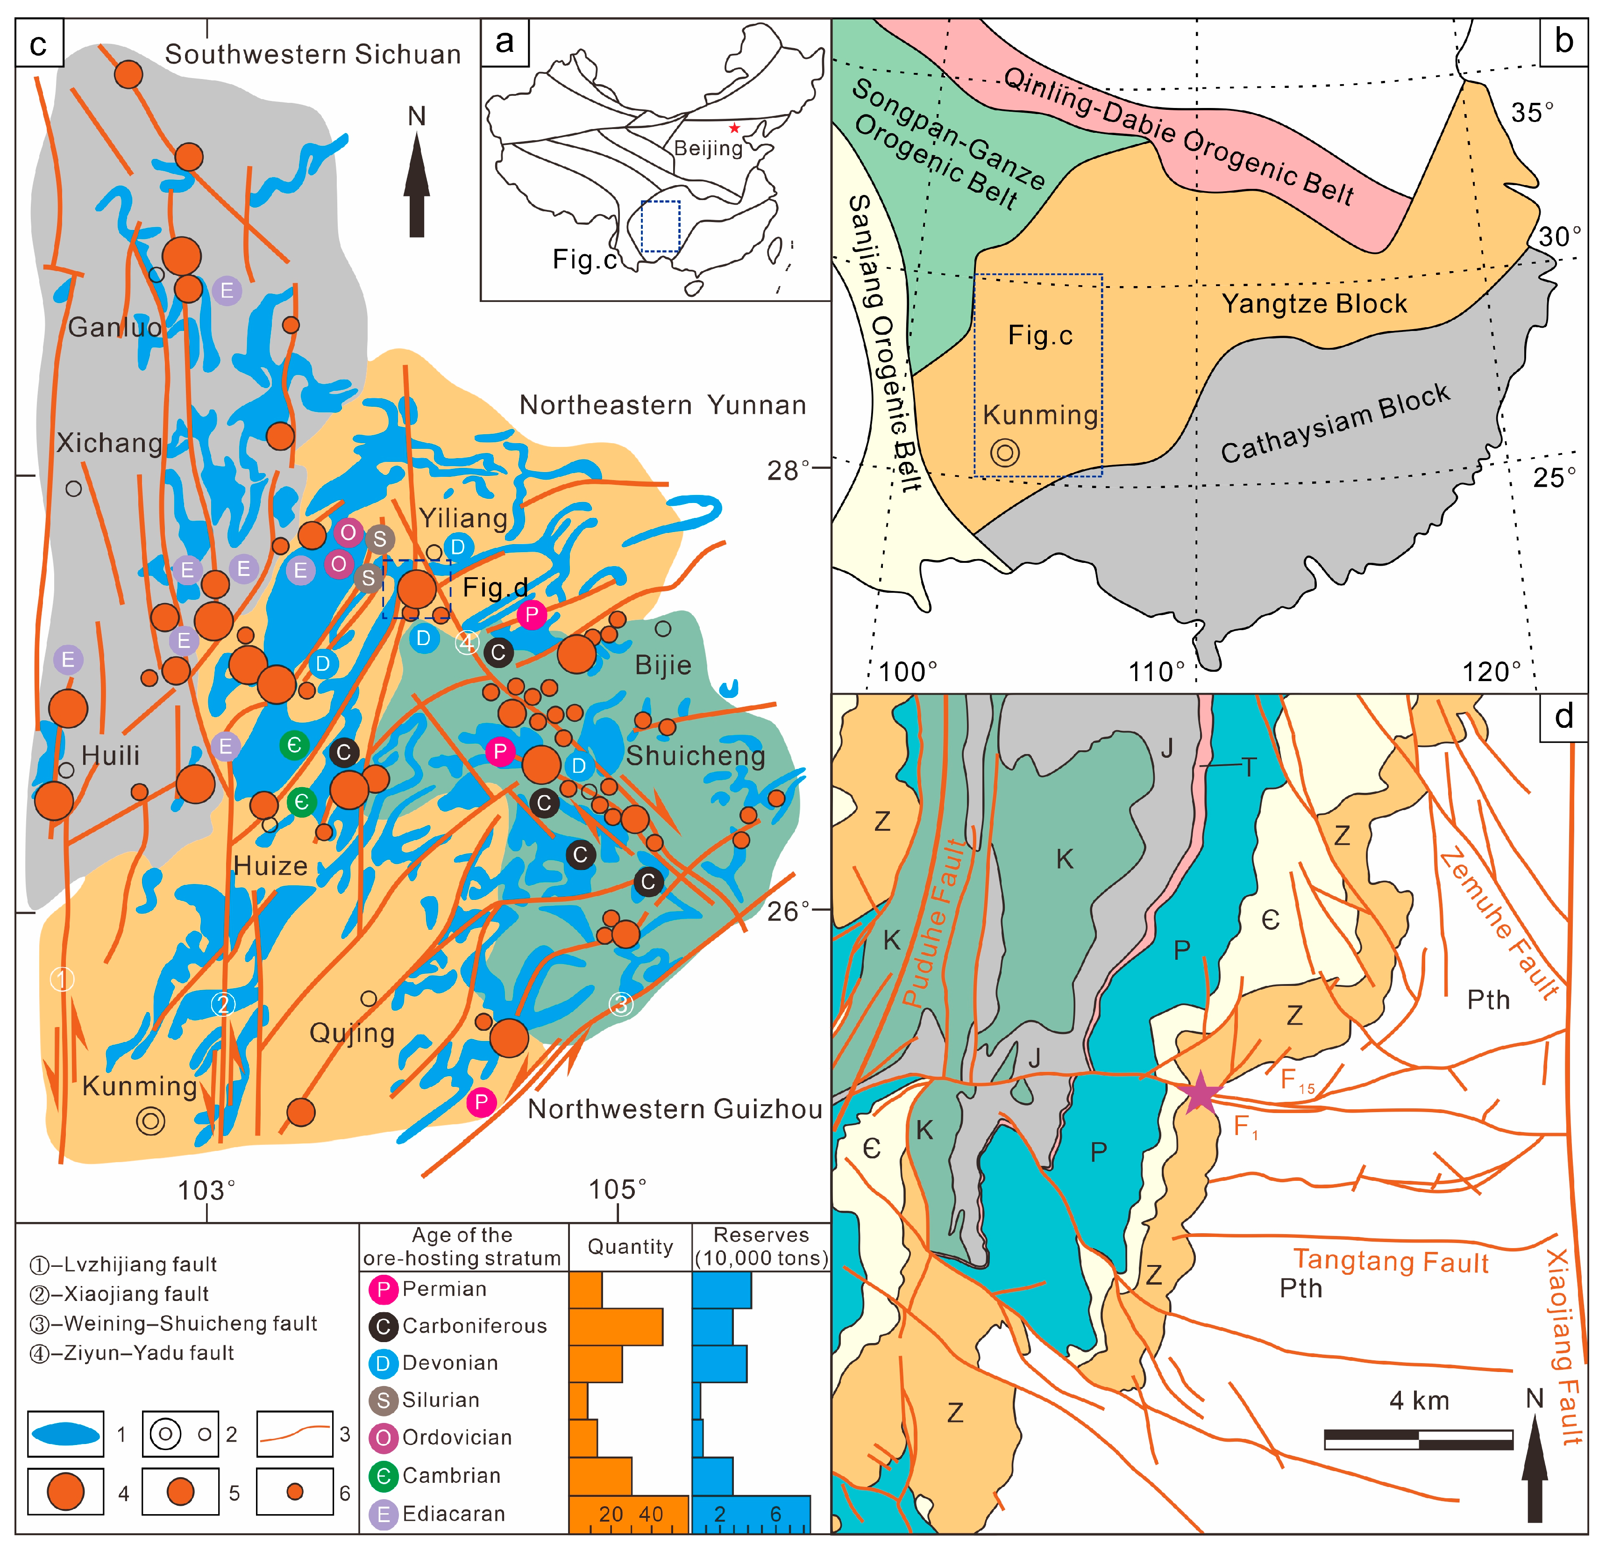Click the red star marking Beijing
(x=734, y=128)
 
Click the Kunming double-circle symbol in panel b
(x=1005, y=452)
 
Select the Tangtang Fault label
(x=1391, y=1262)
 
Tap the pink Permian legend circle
(x=383, y=1290)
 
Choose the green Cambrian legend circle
(x=383, y=1476)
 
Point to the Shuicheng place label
(x=695, y=756)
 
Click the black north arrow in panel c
(x=417, y=187)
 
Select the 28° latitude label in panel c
(x=788, y=471)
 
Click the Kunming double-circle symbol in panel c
(x=151, y=1120)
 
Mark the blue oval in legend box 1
(x=65, y=1434)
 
